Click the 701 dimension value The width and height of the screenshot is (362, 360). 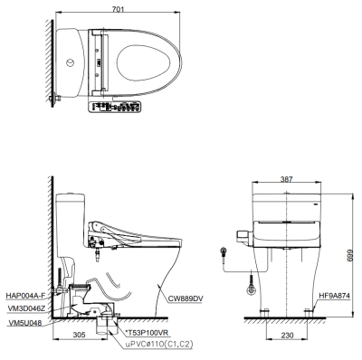(119, 9)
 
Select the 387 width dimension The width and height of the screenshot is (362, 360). (286, 179)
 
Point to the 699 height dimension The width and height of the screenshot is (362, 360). (349, 256)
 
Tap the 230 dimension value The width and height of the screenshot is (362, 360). (287, 335)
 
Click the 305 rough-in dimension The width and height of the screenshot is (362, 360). (80, 335)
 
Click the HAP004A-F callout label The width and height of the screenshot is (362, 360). (25, 296)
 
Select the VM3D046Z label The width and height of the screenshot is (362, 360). (26, 308)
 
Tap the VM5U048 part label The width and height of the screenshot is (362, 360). (24, 323)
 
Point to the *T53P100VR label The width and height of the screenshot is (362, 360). (147, 333)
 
